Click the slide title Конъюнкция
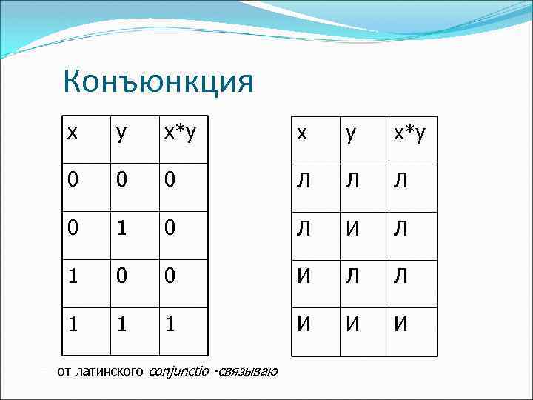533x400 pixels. (158, 81)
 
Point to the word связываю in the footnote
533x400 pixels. (246, 370)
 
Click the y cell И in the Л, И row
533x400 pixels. (353, 227)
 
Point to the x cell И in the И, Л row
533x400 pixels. (304, 276)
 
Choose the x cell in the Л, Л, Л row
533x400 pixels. (304, 179)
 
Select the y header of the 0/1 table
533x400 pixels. (121, 133)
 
